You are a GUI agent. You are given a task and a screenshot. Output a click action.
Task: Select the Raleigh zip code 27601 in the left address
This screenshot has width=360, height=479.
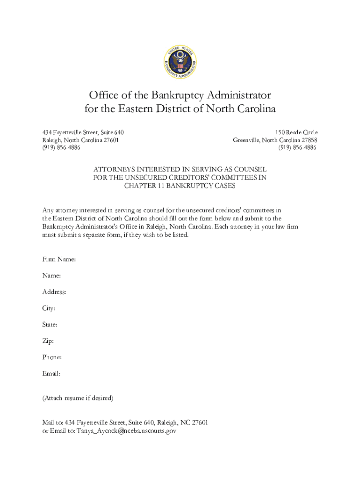click(x=110, y=140)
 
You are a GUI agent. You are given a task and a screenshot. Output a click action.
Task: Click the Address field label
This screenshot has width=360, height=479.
click(x=54, y=292)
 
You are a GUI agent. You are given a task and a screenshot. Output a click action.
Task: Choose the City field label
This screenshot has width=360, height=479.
click(x=49, y=308)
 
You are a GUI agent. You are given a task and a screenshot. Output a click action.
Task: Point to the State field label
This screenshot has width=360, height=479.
click(x=50, y=324)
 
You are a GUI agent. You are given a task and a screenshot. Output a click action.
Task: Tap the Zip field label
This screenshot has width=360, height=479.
click(x=48, y=341)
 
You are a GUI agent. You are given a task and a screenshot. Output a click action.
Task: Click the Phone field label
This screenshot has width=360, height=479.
click(x=52, y=357)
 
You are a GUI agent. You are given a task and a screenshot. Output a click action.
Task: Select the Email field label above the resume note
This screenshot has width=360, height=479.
click(x=51, y=374)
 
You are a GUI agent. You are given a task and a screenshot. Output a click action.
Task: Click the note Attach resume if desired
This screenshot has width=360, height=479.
click(x=78, y=398)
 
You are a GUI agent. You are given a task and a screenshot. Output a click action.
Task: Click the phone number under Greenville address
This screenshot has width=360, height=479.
click(x=297, y=147)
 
